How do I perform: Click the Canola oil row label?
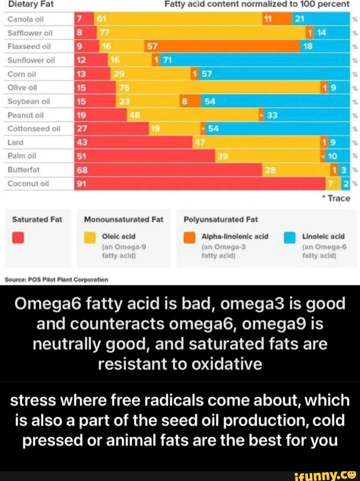click(23, 20)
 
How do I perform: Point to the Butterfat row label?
click(22, 170)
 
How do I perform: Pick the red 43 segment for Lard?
click(134, 142)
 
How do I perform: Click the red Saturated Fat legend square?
click(19, 238)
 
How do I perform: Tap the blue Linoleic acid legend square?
click(290, 238)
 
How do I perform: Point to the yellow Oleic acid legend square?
click(90, 238)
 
